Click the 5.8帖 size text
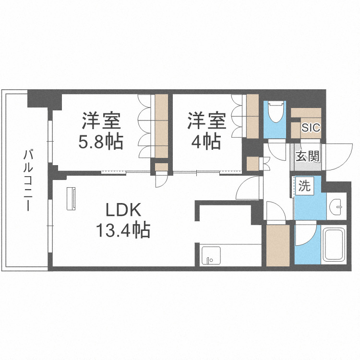click(x=101, y=142)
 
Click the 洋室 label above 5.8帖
click(x=101, y=120)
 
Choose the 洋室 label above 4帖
click(x=206, y=120)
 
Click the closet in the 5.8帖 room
click(x=162, y=126)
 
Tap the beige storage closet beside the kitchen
click(x=277, y=245)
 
